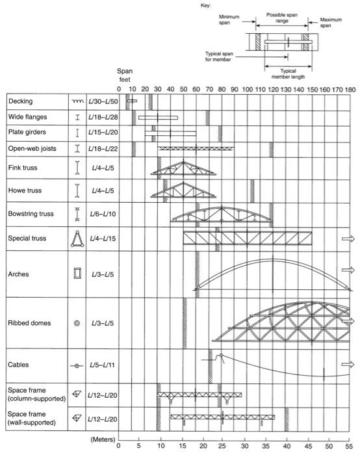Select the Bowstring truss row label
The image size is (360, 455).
coord(31,213)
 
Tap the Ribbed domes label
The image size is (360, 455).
coord(31,322)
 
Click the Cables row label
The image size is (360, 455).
coord(20,366)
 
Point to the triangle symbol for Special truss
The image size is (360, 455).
coord(77,240)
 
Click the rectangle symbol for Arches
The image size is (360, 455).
coord(77,273)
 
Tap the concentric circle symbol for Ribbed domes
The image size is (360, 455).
coord(77,323)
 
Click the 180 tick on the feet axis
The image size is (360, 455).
coord(352,89)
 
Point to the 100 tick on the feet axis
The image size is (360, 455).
coord(248,89)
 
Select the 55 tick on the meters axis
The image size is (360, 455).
coord(351,447)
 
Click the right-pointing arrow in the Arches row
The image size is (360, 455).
coord(348,269)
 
